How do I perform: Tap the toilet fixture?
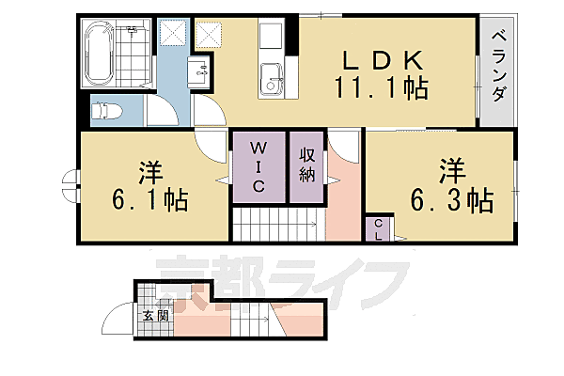106,112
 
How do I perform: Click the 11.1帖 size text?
380,90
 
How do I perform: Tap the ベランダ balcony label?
499,67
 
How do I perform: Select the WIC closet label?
258,166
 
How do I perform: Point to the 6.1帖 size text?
149,198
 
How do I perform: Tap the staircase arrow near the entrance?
273,324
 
